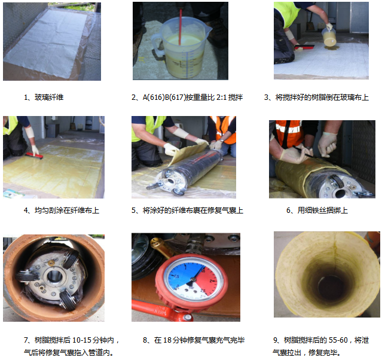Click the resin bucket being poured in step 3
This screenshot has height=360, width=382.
(x=329, y=37)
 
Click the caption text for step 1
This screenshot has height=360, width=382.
(x=44, y=97)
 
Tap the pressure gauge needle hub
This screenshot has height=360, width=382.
(x=193, y=279)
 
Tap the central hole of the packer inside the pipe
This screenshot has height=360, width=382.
(x=54, y=276)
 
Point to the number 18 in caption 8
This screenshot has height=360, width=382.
(x=167, y=340)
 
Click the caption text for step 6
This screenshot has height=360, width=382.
(x=317, y=210)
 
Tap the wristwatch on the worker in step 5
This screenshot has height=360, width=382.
(x=221, y=141)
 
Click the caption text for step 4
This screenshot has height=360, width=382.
(x=62, y=210)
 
